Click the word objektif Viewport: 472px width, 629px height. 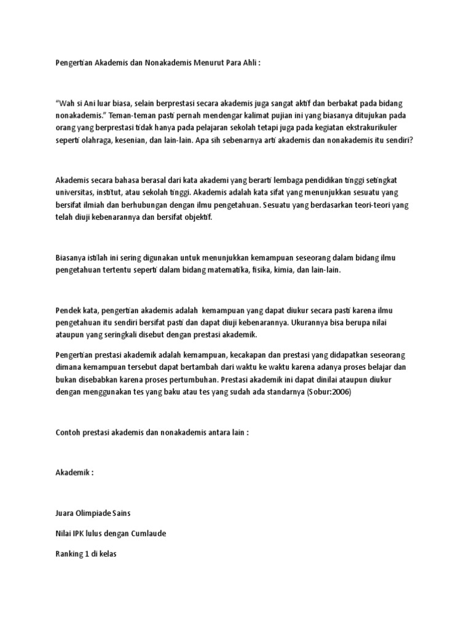point(195,217)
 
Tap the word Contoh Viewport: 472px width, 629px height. point(68,432)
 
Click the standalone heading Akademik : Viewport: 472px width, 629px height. point(75,473)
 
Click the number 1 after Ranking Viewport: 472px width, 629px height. point(86,553)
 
